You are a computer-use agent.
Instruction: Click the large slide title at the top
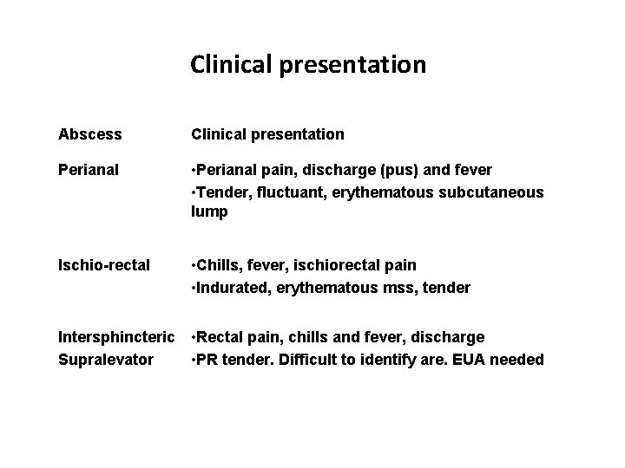pyautogui.click(x=308, y=64)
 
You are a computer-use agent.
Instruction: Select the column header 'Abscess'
pyautogui.click(x=89, y=134)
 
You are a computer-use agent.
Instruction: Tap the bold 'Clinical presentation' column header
pyautogui.click(x=267, y=134)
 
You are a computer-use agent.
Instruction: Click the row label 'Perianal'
pyautogui.click(x=90, y=169)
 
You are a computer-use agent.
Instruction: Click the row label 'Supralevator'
pyautogui.click(x=105, y=358)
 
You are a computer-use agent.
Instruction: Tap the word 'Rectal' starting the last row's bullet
pyautogui.click(x=221, y=336)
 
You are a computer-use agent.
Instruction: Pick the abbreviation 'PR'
pyautogui.click(x=209, y=358)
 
